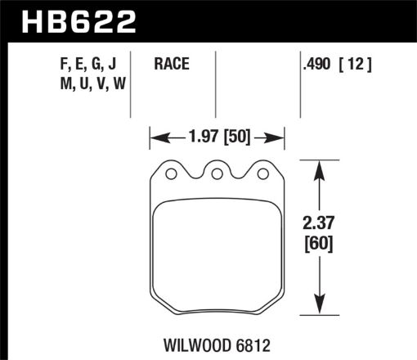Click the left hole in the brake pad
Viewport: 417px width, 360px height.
pos(170,173)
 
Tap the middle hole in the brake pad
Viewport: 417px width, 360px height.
pos(217,173)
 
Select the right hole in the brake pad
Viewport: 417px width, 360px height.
pos(262,173)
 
